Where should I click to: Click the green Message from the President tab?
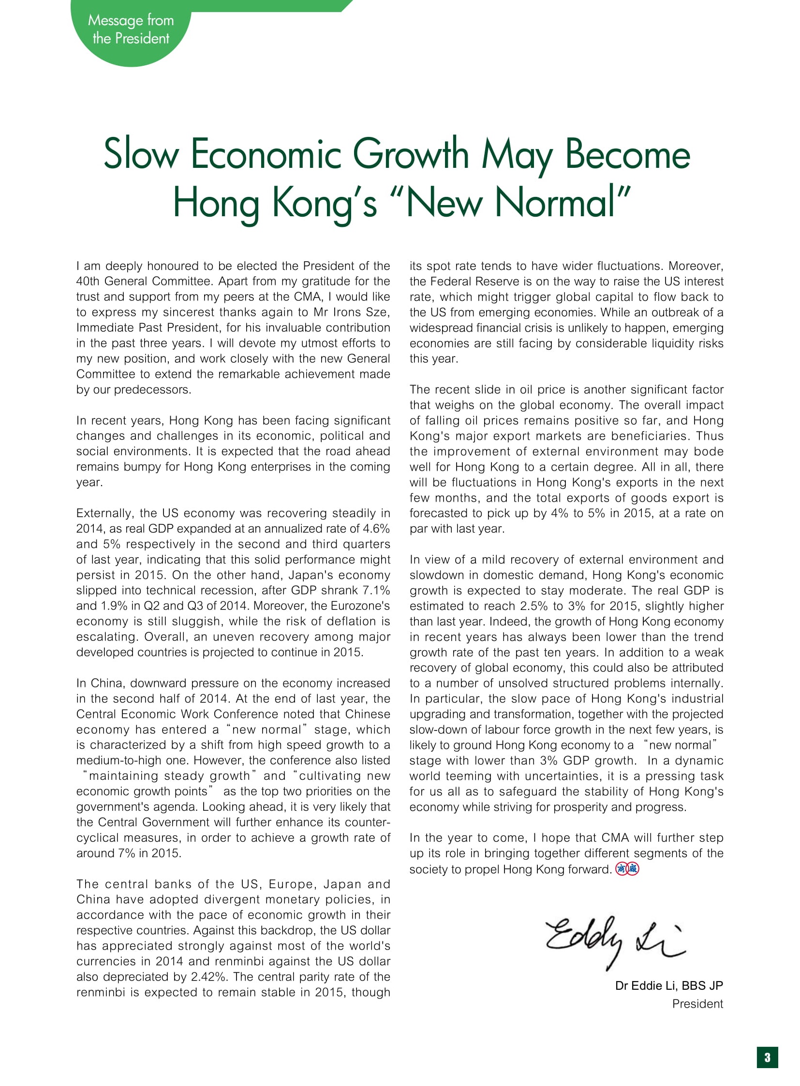pos(131,30)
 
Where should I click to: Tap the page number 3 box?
pos(767,1057)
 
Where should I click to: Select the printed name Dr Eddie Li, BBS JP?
pos(669,986)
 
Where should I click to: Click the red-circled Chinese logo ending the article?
pos(627,869)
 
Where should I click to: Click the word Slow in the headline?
pos(141,154)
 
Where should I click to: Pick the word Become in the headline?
pos(628,154)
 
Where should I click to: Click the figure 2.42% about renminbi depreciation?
pos(211,977)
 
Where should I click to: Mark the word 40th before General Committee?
pos(88,282)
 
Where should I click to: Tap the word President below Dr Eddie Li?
pos(697,1004)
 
